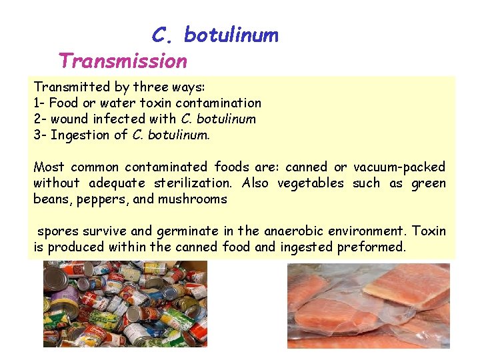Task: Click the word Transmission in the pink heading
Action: click(x=123, y=61)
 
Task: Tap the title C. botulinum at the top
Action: click(x=215, y=35)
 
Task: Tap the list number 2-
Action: click(x=40, y=119)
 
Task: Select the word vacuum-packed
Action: click(x=399, y=167)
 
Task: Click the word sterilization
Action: click(x=193, y=183)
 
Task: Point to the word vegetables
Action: click(x=311, y=183)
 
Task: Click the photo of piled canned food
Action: click(x=125, y=304)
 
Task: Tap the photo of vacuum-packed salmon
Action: click(x=369, y=305)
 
